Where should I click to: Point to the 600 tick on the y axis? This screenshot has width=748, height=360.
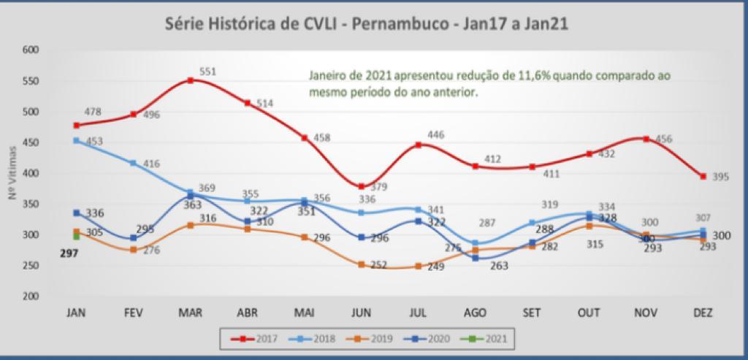click(30, 50)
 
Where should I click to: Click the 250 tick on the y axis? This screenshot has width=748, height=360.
click(30, 266)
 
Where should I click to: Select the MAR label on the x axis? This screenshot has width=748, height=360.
click(191, 312)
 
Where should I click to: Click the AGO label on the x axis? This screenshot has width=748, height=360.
click(476, 312)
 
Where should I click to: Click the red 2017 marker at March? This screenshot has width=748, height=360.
click(191, 80)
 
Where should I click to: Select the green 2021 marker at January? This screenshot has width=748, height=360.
click(76, 237)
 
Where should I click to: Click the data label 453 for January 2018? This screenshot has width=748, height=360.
click(93, 141)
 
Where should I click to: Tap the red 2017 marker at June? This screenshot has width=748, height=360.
click(362, 186)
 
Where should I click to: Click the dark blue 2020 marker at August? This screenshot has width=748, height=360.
click(476, 258)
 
